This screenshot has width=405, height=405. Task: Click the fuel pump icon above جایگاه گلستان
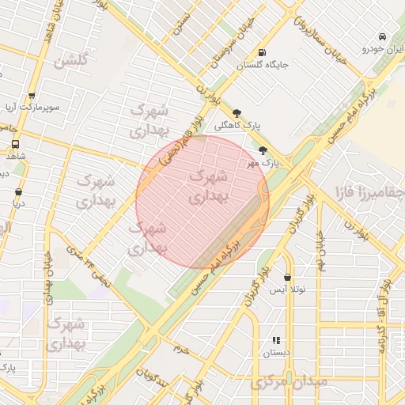coord(260,55)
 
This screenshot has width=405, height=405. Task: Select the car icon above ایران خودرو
coord(382,37)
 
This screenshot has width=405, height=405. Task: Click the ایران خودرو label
coord(384,48)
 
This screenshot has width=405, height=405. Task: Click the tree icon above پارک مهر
coord(263,150)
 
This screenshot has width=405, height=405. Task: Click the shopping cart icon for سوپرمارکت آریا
coord(32,94)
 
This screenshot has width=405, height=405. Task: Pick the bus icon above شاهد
coord(16,145)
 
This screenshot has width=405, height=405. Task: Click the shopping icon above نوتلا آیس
coord(286,278)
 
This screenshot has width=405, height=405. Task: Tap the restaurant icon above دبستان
coord(276,340)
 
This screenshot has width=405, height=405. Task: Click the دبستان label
coord(277,352)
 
